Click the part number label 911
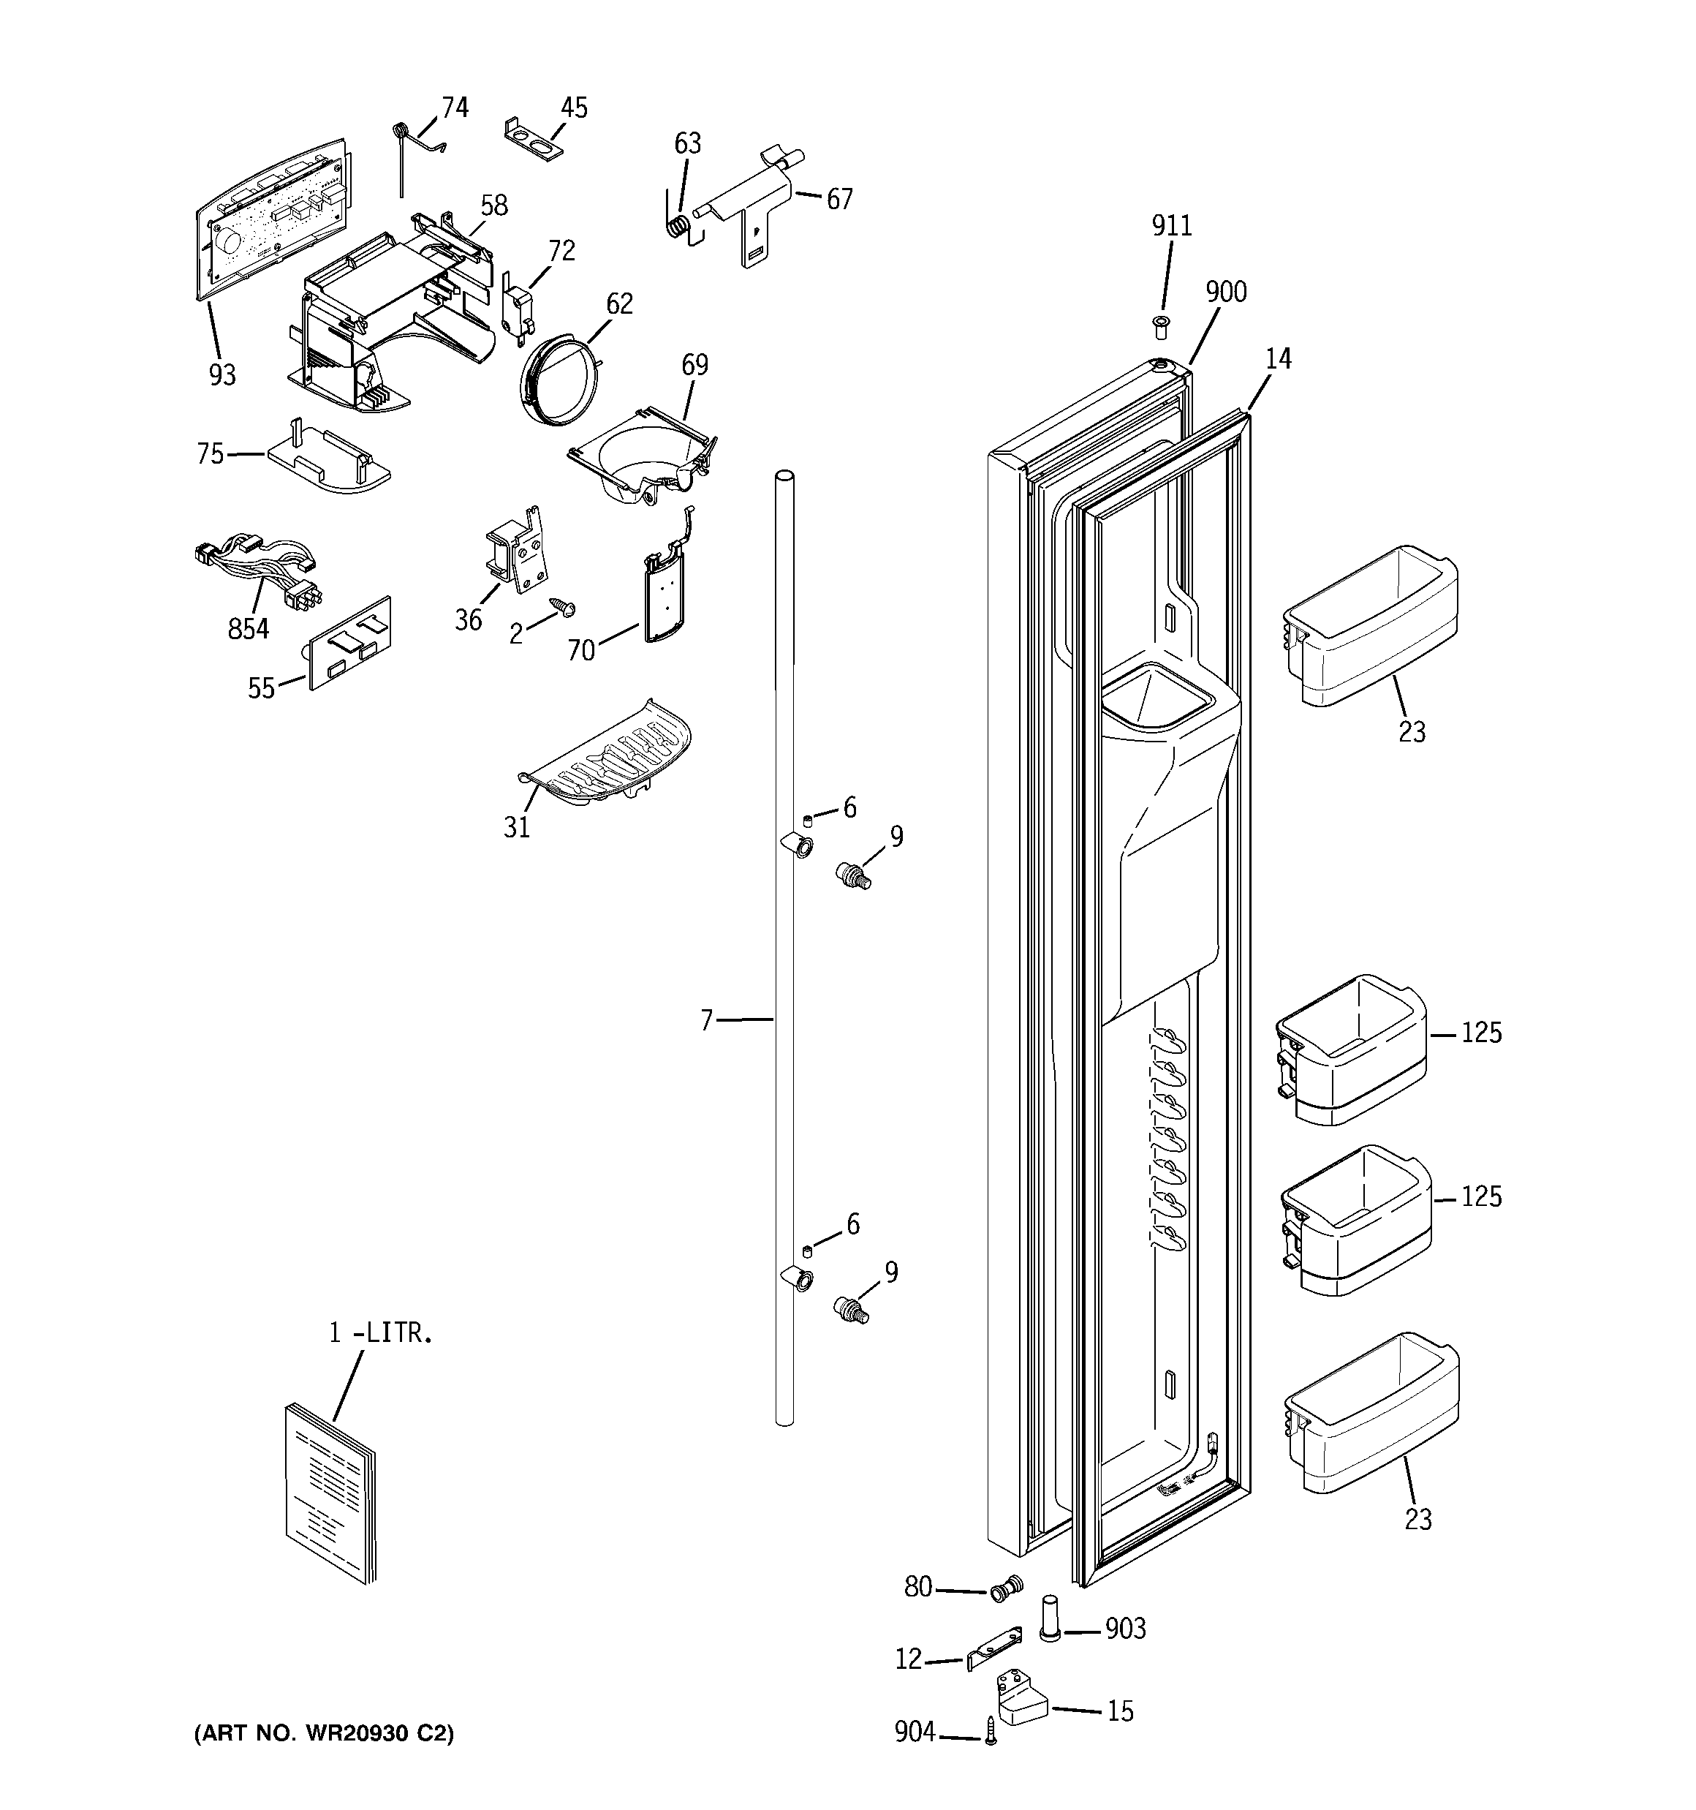tap(1172, 226)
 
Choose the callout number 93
tap(222, 374)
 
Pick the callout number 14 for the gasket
tap(1278, 360)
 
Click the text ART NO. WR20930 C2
tap(324, 1733)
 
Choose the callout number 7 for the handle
tap(706, 1021)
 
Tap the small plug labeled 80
tap(1004, 1591)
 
